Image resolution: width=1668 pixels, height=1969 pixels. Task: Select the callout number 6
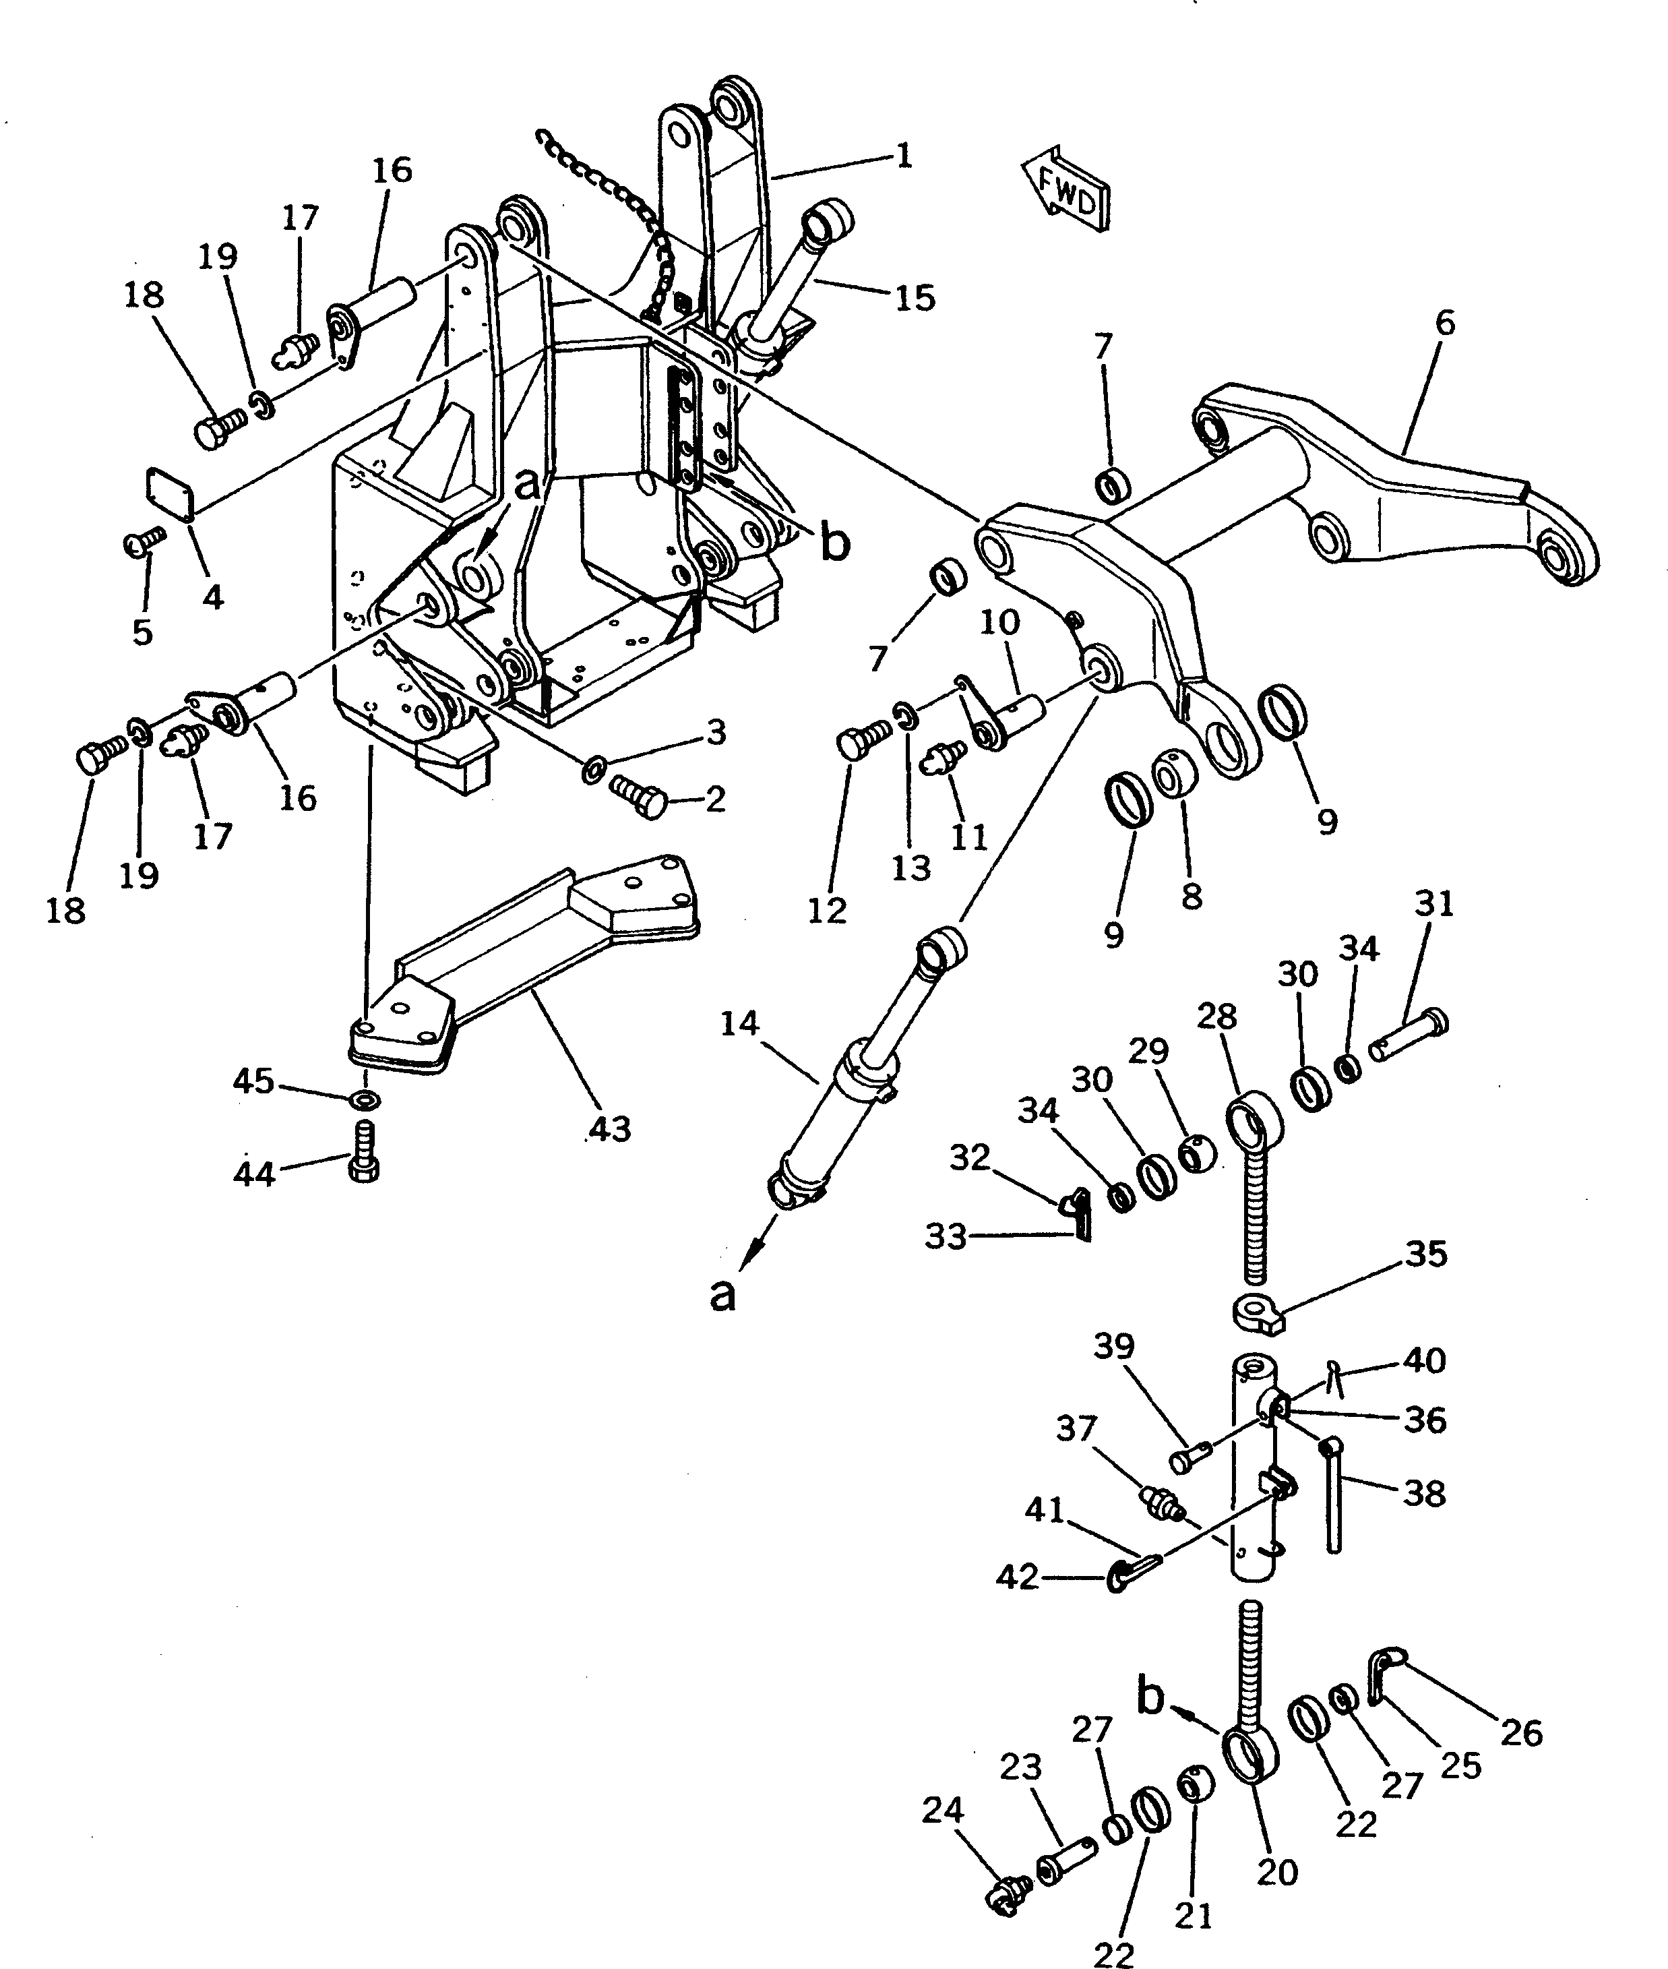click(x=1444, y=324)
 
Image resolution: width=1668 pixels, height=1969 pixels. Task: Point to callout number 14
click(x=739, y=1023)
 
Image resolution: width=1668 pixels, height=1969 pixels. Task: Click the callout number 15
click(x=913, y=298)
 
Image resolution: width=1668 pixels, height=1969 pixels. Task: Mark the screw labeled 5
click(x=145, y=543)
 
